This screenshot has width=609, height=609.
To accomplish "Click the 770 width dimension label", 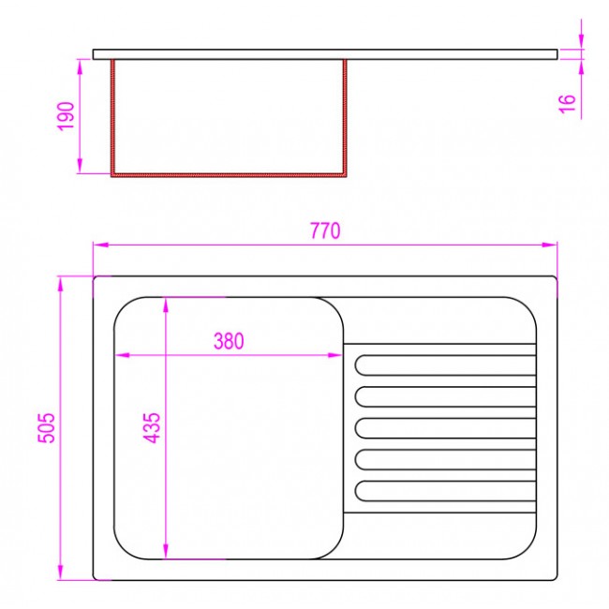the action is coord(325,230).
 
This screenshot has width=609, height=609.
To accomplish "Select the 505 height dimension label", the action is coord(47,427).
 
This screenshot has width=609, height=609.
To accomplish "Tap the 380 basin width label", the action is coord(229,341).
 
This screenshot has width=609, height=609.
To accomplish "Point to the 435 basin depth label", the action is coord(152,427).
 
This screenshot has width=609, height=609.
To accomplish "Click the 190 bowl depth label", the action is coord(66,116).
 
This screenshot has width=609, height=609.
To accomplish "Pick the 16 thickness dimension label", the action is coord(567,104).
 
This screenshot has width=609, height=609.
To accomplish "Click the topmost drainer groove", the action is coord(445,365).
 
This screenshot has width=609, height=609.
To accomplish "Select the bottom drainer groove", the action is coord(445,491).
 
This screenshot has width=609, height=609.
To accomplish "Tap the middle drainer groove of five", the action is coord(445,428).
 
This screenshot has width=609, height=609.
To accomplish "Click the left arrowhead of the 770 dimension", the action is coord(100,245).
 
